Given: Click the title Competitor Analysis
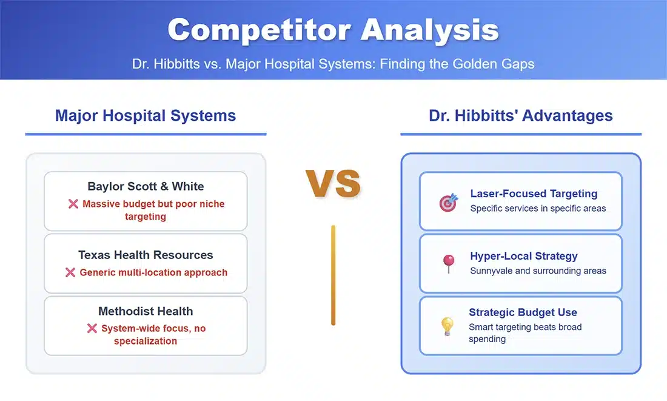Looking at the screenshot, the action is point(333,30).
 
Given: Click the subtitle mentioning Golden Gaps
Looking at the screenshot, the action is point(333,64).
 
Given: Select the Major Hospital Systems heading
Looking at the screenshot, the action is point(146,115).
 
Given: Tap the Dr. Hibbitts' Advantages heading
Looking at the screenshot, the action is point(521,115).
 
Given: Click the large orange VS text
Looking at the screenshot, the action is point(333,183).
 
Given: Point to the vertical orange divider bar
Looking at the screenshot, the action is point(333,275).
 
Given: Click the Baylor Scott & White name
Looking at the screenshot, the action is point(146,186).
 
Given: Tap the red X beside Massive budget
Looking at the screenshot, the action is point(73,204).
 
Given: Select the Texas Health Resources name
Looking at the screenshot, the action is point(146,255).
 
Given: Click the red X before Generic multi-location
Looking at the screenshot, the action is point(70,272).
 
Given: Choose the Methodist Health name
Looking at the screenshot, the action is point(146,311).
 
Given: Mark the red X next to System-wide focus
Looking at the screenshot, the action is point(92,328).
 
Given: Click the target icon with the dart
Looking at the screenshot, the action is point(448,202).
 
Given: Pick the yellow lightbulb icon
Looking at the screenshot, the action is point(447,326).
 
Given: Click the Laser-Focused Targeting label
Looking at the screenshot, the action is point(534,194).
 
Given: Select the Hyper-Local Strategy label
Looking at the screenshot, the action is point(524,256).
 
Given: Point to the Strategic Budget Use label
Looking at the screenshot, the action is point(523,312).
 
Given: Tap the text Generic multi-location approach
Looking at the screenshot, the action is point(153,272).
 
